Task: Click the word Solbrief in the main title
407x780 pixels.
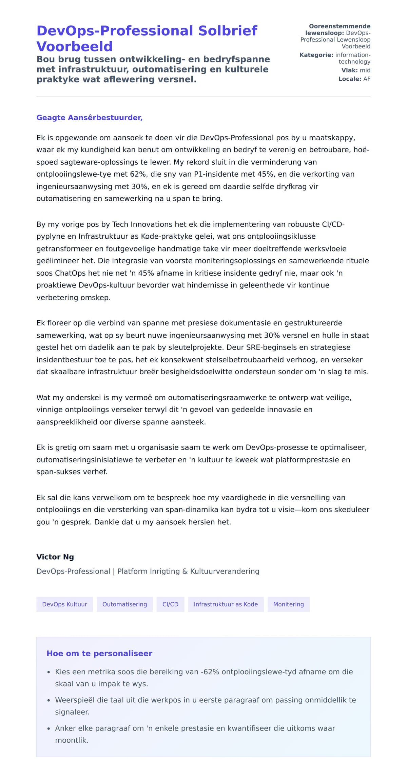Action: pyautogui.click(x=228, y=31)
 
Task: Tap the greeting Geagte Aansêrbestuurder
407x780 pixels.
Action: pyautogui.click(x=89, y=118)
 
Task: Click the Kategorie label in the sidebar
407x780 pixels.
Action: pyautogui.click(x=316, y=55)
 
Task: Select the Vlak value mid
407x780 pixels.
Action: pyautogui.click(x=365, y=70)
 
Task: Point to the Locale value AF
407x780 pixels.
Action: pyautogui.click(x=367, y=79)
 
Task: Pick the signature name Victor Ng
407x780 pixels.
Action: pyautogui.click(x=55, y=557)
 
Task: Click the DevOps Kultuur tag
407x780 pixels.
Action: pyautogui.click(x=64, y=604)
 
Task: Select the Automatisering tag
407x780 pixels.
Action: pyautogui.click(x=124, y=604)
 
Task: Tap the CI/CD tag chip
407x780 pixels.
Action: pyautogui.click(x=170, y=604)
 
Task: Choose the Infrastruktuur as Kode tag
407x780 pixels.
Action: pyautogui.click(x=226, y=604)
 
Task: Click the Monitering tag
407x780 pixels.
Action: pyautogui.click(x=288, y=604)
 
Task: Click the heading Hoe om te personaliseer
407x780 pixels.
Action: pyautogui.click(x=99, y=654)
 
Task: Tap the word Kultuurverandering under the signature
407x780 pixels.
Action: pyautogui.click(x=225, y=572)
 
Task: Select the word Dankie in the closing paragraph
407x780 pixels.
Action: pyautogui.click(x=105, y=522)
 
